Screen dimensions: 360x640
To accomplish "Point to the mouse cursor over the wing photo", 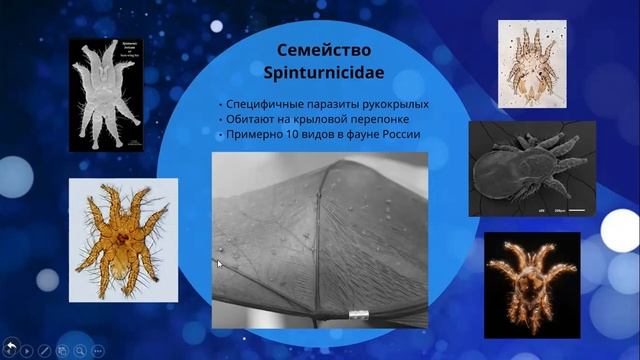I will tap(220, 264).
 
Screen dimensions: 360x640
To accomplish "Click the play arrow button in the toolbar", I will tap(26, 350).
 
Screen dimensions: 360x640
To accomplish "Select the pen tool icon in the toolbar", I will tap(43, 350).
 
